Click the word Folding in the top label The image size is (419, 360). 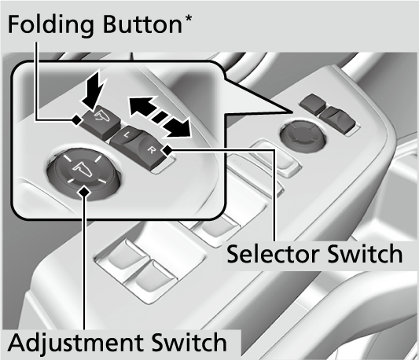click(x=51, y=25)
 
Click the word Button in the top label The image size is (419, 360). click(x=143, y=24)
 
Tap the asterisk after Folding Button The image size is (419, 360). click(x=188, y=19)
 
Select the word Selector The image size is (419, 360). click(x=273, y=254)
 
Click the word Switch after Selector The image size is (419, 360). click(x=365, y=253)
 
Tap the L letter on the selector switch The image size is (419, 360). click(x=127, y=135)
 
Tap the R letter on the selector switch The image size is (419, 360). click(x=152, y=150)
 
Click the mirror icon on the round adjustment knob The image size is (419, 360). click(x=83, y=169)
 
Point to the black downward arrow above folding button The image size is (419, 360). click(x=94, y=91)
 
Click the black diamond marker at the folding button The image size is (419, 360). click(x=77, y=119)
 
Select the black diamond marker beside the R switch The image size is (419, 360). click(x=167, y=150)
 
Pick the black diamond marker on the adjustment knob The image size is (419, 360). click(x=84, y=191)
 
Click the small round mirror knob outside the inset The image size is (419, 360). click(x=303, y=134)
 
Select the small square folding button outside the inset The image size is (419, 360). click(x=312, y=103)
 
